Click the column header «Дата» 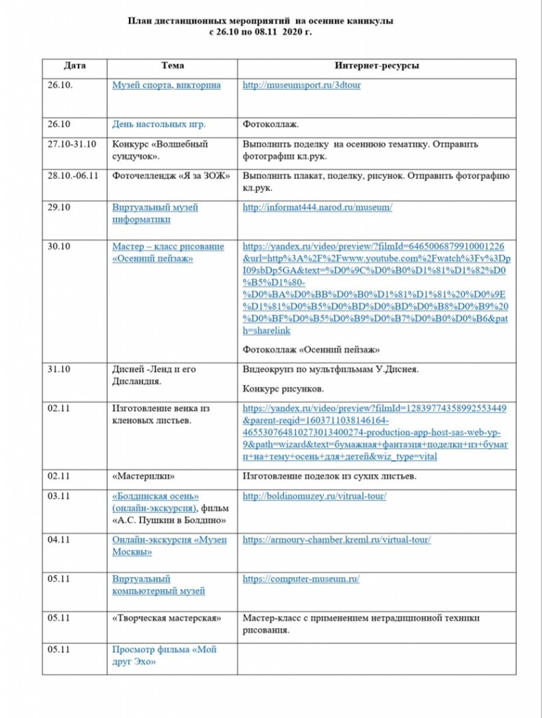pos(74,66)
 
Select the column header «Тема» pos(172,66)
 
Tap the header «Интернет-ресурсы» pos(377,66)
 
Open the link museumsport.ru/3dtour pos(302,86)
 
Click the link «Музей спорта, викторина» pos(166,86)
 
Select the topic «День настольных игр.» pos(159,125)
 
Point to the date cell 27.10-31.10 pos(72,144)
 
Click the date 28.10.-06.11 pos(73,175)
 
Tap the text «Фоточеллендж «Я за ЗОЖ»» pos(171,175)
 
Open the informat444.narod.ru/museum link pos(317,208)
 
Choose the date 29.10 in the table pos(60,208)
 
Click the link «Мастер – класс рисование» pos(168,247)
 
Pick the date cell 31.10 pos(60,369)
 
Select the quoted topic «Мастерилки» pos(144,477)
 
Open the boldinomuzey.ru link pos(314,496)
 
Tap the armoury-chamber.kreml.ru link pos(337,540)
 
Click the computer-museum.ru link pos(301,579)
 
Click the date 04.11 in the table pos(60,540)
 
